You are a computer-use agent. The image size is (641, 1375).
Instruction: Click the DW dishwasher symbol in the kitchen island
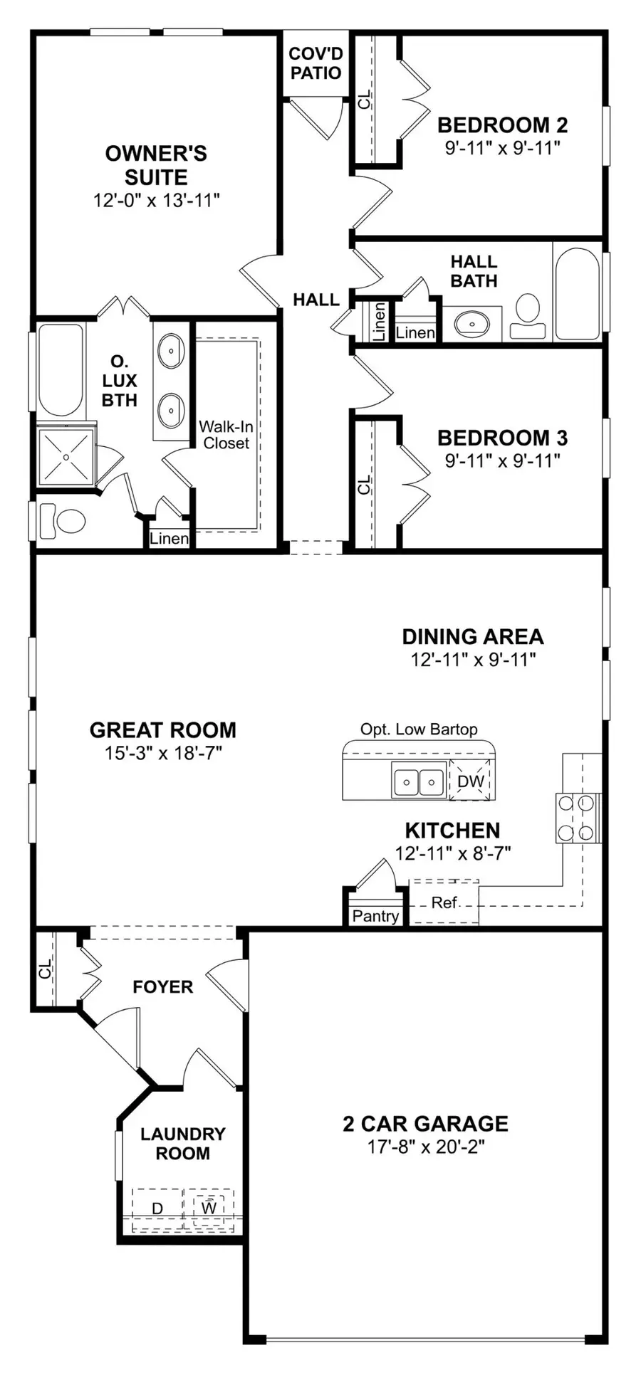[x=471, y=781]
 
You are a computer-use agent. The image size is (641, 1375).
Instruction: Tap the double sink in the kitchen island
[x=419, y=781]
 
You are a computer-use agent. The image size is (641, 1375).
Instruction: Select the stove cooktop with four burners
[x=577, y=818]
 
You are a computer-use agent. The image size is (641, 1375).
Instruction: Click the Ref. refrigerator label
[x=444, y=903]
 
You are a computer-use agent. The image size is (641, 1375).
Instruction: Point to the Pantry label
[x=375, y=916]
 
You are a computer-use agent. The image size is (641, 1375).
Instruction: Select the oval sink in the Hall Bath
[x=472, y=325]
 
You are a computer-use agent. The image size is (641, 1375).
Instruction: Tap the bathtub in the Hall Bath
[x=578, y=293]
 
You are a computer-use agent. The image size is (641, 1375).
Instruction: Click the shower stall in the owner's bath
[x=66, y=455]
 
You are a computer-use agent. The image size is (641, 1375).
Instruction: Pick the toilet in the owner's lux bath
[x=62, y=521]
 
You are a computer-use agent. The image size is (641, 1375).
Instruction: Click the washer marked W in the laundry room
[x=209, y=1208]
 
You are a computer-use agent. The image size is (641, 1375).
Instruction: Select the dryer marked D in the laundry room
[x=158, y=1208]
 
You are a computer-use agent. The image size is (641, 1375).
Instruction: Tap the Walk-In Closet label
[x=226, y=435]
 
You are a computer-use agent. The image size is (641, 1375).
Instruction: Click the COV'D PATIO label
[x=316, y=63]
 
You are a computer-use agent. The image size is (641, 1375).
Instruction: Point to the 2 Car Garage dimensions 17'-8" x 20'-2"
[x=426, y=1147]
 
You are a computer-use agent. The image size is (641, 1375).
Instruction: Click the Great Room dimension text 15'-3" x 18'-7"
[x=164, y=753]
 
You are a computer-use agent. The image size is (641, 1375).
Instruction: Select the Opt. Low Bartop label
[x=419, y=729]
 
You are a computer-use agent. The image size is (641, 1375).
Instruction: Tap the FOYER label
[x=163, y=987]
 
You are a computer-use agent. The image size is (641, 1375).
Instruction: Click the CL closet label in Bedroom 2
[x=364, y=100]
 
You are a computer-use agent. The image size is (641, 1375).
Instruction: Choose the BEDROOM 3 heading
[x=502, y=438]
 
